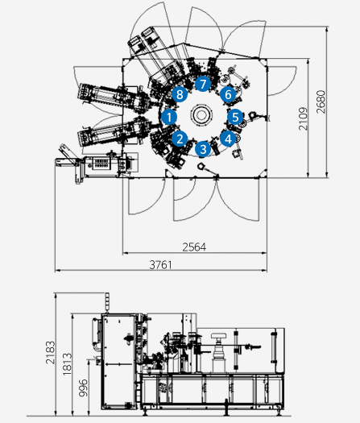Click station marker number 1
pyautogui.click(x=169, y=117)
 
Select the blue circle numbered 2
pyautogui.click(x=180, y=139)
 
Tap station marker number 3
pyautogui.click(x=203, y=149)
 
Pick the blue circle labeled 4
pyautogui.click(x=228, y=139)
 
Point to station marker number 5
pyautogui.click(x=235, y=117)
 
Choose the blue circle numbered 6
pyautogui.click(x=228, y=94)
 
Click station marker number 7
pyautogui.click(x=203, y=84)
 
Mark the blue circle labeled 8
pyautogui.click(x=180, y=94)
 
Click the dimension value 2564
pyautogui.click(x=194, y=247)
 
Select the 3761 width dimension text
pyautogui.click(x=161, y=265)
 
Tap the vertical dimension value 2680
pyautogui.click(x=321, y=102)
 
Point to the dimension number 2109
pyautogui.click(x=303, y=118)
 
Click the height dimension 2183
pyautogui.click(x=50, y=353)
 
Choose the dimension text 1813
pyautogui.click(x=67, y=364)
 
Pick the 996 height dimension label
pyautogui.click(x=83, y=388)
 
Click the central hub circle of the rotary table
pyautogui.click(x=201, y=115)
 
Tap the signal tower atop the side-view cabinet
pyautogui.click(x=107, y=301)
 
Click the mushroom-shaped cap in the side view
pyautogui.click(x=218, y=336)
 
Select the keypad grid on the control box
pyautogui.click(x=101, y=163)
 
